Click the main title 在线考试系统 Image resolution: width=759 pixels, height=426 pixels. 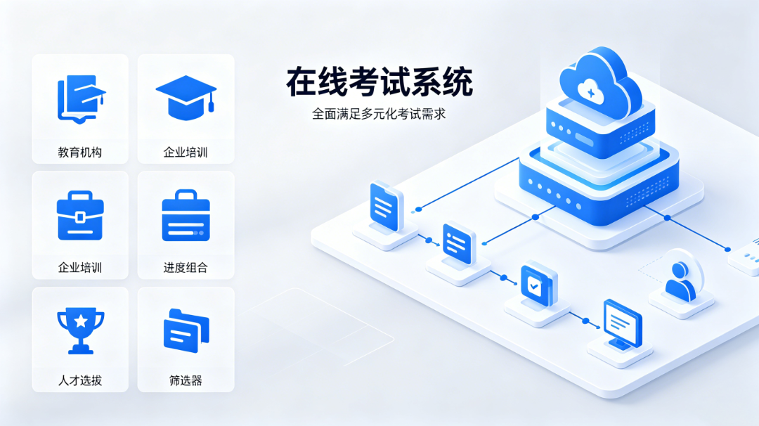[x=379, y=82]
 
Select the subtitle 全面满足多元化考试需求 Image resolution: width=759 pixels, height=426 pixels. [x=379, y=114]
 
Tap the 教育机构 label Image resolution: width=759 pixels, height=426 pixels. [x=80, y=153]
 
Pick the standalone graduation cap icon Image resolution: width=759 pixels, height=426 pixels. [x=186, y=97]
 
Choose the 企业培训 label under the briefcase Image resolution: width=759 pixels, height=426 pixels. [x=80, y=268]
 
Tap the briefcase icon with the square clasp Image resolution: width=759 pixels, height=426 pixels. [x=80, y=216]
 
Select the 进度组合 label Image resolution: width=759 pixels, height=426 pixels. [x=186, y=268]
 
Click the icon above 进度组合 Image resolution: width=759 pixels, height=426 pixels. [x=186, y=215]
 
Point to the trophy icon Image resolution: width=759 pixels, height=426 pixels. [x=80, y=331]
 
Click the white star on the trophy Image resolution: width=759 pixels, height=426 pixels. [x=81, y=321]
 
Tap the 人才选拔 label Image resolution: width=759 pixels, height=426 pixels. [x=80, y=380]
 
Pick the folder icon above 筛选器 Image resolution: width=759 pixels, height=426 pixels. [x=186, y=330]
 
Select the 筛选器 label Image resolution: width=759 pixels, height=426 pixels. [x=186, y=380]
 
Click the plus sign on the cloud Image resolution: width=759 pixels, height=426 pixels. [x=590, y=92]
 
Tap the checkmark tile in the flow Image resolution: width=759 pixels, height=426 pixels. [x=538, y=285]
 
